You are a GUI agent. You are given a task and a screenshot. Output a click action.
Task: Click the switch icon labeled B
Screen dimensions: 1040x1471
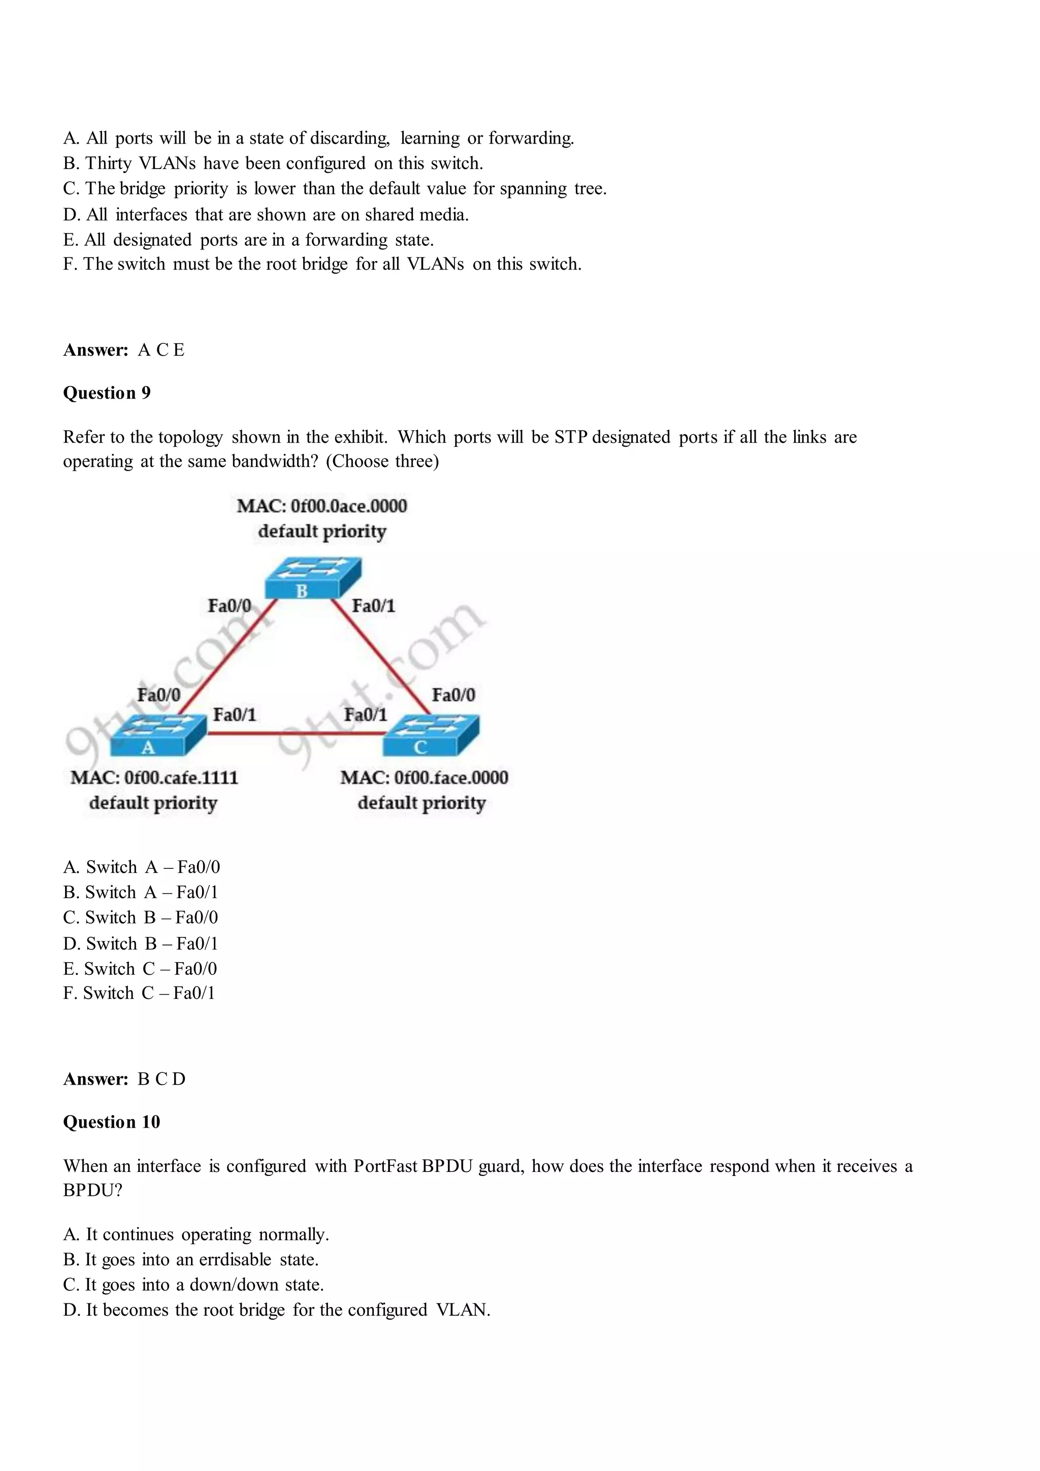tap(313, 577)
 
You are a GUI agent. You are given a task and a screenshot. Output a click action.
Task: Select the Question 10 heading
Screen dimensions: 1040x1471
tap(112, 1122)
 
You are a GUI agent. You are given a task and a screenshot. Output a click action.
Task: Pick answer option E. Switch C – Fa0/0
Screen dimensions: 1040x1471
tap(140, 968)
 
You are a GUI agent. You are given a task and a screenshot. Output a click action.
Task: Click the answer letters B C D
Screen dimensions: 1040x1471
tap(161, 1079)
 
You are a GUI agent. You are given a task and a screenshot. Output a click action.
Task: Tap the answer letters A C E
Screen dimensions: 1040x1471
tap(161, 350)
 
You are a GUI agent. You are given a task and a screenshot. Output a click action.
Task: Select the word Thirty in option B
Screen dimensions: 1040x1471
tap(108, 164)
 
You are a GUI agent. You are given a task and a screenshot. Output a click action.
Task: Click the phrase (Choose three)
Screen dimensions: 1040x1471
tap(382, 461)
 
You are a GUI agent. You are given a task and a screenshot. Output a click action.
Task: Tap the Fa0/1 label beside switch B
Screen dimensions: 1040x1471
tap(374, 605)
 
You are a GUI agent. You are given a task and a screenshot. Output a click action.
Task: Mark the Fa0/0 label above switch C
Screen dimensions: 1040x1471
tap(453, 695)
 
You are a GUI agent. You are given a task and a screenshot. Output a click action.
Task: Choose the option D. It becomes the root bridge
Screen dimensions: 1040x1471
tap(277, 1310)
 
